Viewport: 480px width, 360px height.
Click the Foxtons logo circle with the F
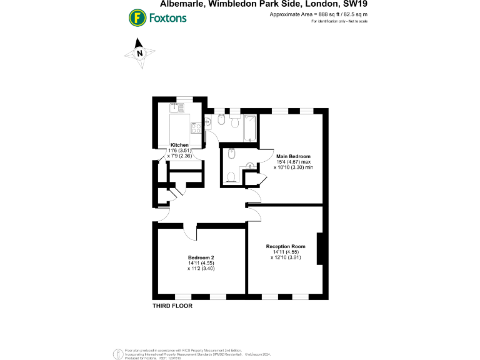pos(136,17)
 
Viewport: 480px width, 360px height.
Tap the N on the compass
pos(140,53)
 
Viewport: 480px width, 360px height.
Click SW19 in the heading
pos(354,6)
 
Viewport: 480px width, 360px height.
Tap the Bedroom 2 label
pos(201,257)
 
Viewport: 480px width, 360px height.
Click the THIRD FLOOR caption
pos(172,306)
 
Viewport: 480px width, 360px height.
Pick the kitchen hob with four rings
pos(196,129)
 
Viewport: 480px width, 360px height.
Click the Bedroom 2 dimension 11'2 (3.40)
pos(201,268)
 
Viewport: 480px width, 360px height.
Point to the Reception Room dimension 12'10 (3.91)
pos(286,257)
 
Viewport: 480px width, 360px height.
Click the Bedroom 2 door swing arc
pos(191,232)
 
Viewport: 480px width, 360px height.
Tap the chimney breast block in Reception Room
pos(321,248)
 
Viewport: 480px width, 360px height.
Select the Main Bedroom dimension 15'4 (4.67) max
pos(294,161)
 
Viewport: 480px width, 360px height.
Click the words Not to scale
pos(356,21)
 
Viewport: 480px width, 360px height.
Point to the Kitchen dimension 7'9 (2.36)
pos(181,156)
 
